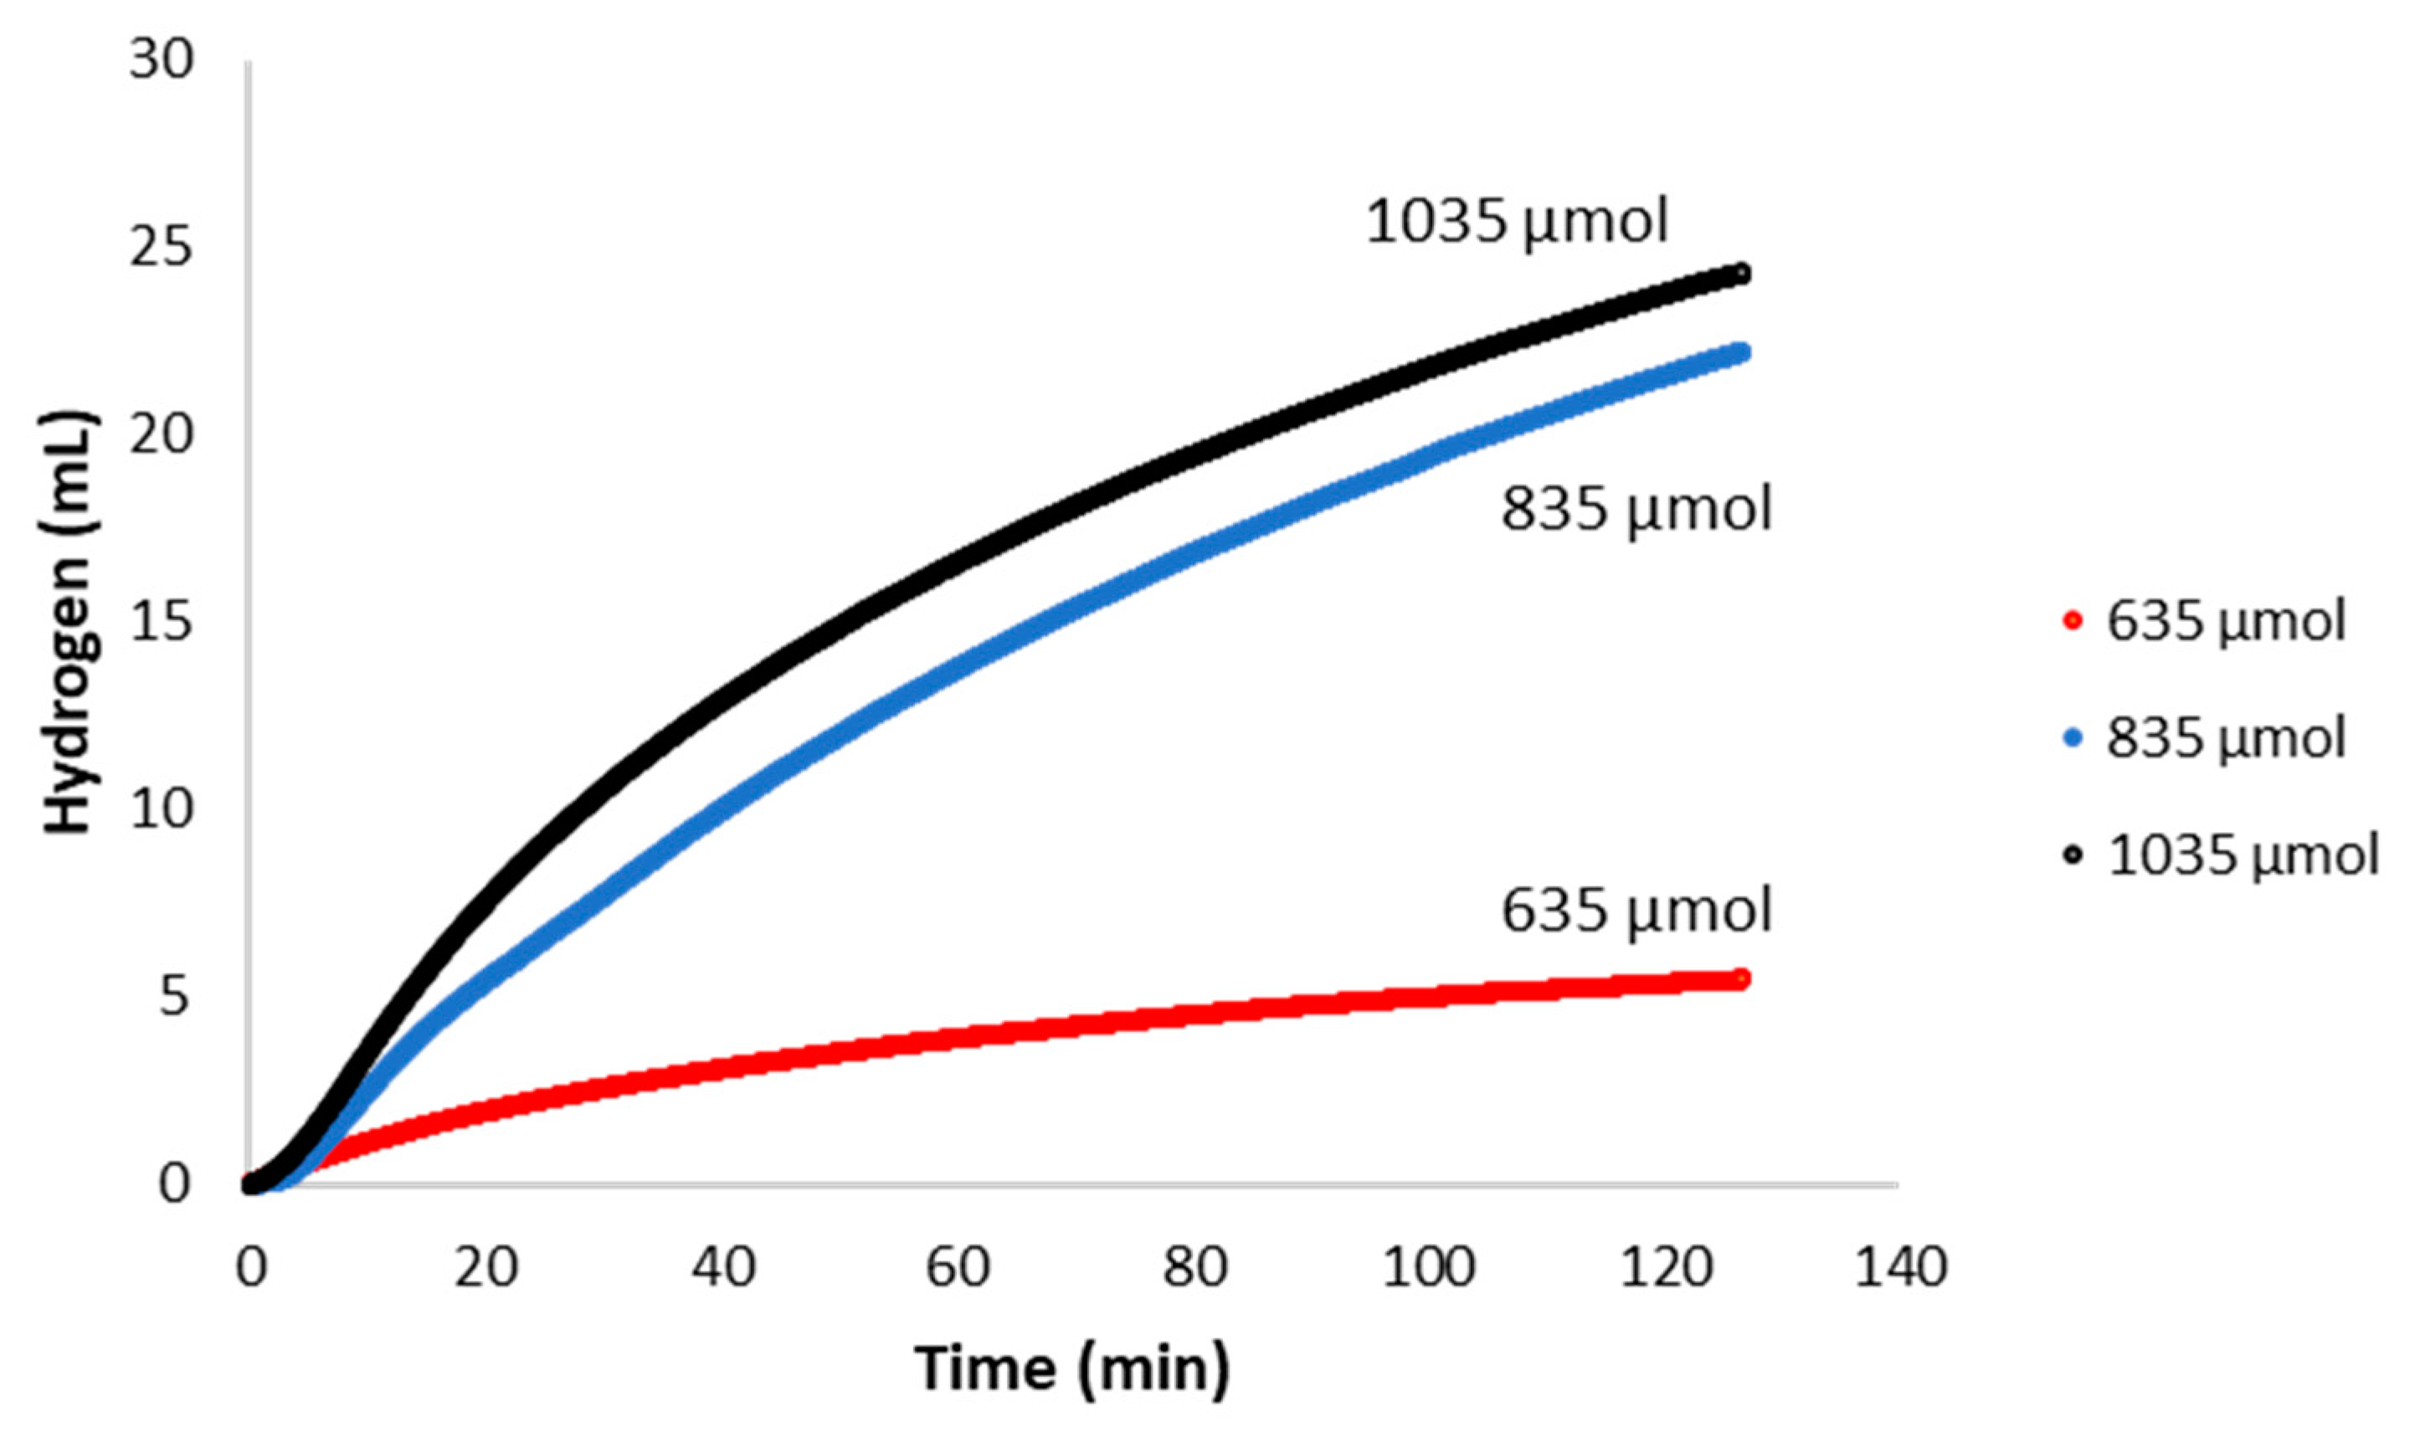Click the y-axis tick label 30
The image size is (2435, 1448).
[x=162, y=60]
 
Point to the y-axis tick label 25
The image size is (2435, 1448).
[x=162, y=249]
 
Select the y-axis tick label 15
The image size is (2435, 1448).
[x=162, y=622]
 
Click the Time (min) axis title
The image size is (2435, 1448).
[x=1072, y=1369]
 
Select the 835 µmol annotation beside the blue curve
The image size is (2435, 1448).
[x=1635, y=510]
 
